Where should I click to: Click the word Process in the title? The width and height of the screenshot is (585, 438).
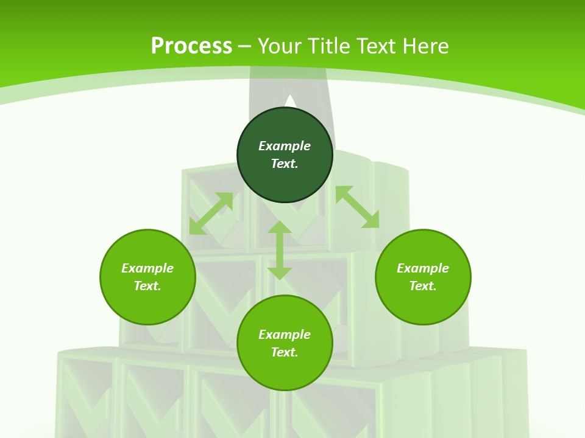tap(191, 46)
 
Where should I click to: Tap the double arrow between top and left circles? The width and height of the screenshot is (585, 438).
tap(211, 214)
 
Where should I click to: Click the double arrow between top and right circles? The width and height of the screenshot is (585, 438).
tap(357, 207)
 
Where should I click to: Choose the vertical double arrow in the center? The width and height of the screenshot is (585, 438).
tap(280, 250)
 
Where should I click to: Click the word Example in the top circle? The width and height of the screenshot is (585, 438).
tap(285, 146)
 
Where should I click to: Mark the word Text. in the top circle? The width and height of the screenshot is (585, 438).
tap(285, 164)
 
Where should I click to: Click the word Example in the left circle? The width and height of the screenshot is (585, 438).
tap(147, 268)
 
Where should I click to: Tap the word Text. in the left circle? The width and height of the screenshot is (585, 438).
tap(147, 286)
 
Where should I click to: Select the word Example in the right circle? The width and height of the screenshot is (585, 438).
tap(423, 268)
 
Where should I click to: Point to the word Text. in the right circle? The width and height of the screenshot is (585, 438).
tap(423, 286)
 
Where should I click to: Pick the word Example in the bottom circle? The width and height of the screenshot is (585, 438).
tap(285, 335)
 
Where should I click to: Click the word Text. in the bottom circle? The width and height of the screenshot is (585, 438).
tap(285, 352)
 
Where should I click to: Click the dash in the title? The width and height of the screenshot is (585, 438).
tap(245, 46)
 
